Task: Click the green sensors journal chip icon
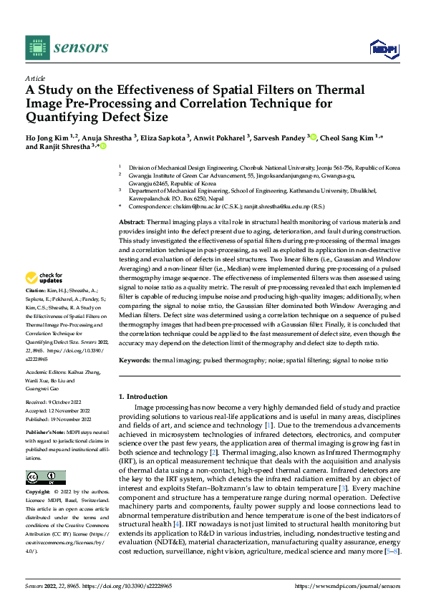coord(37,47)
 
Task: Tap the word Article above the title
coord(35,78)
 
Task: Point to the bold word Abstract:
coord(132,204)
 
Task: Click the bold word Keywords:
coord(135,361)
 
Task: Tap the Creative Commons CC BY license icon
coord(45,477)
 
